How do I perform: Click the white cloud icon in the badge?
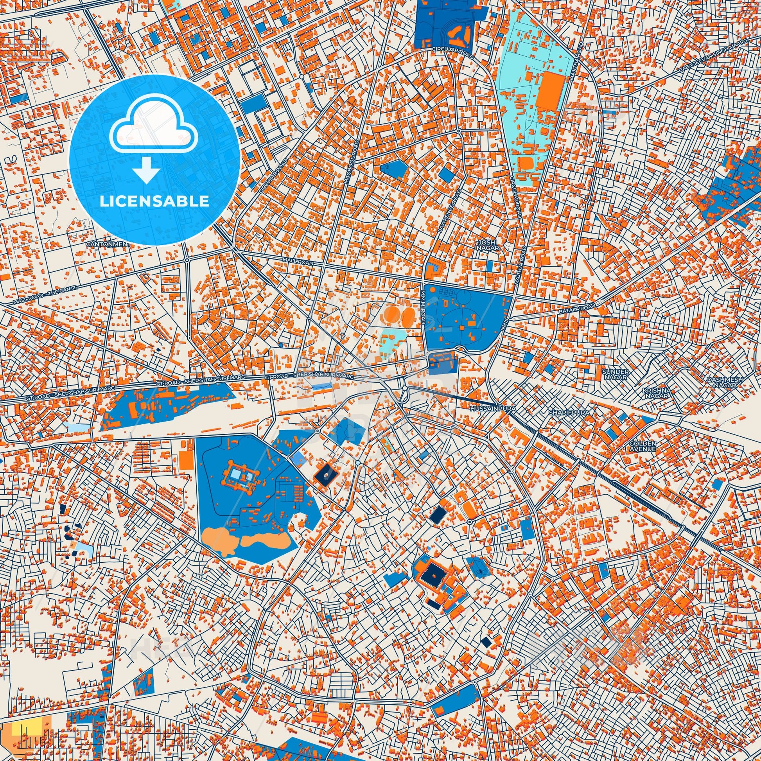[154, 126]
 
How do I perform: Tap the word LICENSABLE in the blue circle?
[154, 201]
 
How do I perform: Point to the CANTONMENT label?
[108, 244]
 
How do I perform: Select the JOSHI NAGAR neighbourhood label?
[488, 245]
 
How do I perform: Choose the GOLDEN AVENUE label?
[642, 446]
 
